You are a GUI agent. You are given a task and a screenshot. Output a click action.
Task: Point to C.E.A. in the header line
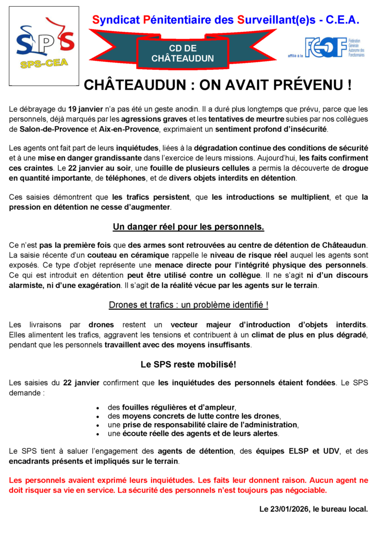tap(341, 20)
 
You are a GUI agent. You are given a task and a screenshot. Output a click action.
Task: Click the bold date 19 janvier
tap(83, 109)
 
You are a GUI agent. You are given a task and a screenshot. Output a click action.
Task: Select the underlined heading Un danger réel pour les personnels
tap(188, 227)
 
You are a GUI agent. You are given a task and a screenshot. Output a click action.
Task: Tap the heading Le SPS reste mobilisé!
tap(188, 364)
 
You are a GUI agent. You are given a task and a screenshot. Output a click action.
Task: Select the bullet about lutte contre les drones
tap(194, 416)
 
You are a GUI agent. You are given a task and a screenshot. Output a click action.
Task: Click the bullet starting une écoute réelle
tap(193, 433)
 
